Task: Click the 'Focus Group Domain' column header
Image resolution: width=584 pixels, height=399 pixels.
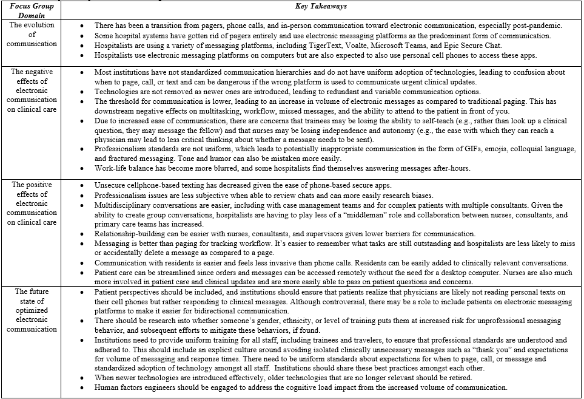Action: [32, 10]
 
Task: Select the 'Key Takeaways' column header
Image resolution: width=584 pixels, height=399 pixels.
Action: [321, 6]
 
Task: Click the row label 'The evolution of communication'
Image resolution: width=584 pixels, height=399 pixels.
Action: [32, 35]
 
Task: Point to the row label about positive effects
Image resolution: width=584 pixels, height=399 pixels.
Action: [32, 203]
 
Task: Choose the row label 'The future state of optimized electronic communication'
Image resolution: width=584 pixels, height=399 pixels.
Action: [32, 310]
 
